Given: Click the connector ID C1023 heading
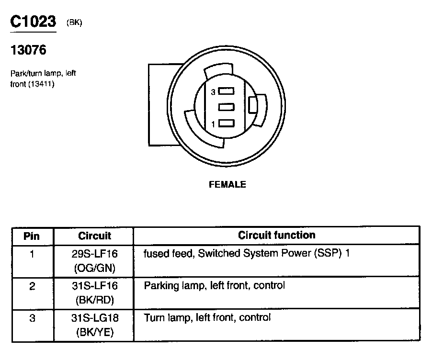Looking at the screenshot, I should click(x=33, y=22).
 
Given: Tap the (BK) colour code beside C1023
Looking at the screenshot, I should click(x=74, y=23).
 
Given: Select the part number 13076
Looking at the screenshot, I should click(x=28, y=50).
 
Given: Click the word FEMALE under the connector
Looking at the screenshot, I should click(x=227, y=184).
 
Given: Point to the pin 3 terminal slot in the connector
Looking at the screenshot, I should click(x=227, y=91).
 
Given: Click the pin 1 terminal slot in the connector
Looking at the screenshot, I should click(x=227, y=124).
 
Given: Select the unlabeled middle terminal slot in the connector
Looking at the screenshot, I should click(x=227, y=107).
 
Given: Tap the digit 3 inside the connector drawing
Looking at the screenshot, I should click(x=213, y=92).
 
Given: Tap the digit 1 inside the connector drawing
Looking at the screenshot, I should click(x=213, y=124).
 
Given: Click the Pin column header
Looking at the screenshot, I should click(x=32, y=236).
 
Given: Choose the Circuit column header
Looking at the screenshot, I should click(x=94, y=236).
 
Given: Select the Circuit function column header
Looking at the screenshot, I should click(x=277, y=235).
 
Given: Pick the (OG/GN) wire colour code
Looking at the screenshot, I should click(x=94, y=268).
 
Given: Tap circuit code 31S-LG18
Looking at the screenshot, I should click(x=94, y=318).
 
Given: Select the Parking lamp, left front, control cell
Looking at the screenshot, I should click(x=214, y=286).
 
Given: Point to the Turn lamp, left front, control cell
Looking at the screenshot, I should click(x=207, y=317).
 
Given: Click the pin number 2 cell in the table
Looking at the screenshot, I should click(x=32, y=286).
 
